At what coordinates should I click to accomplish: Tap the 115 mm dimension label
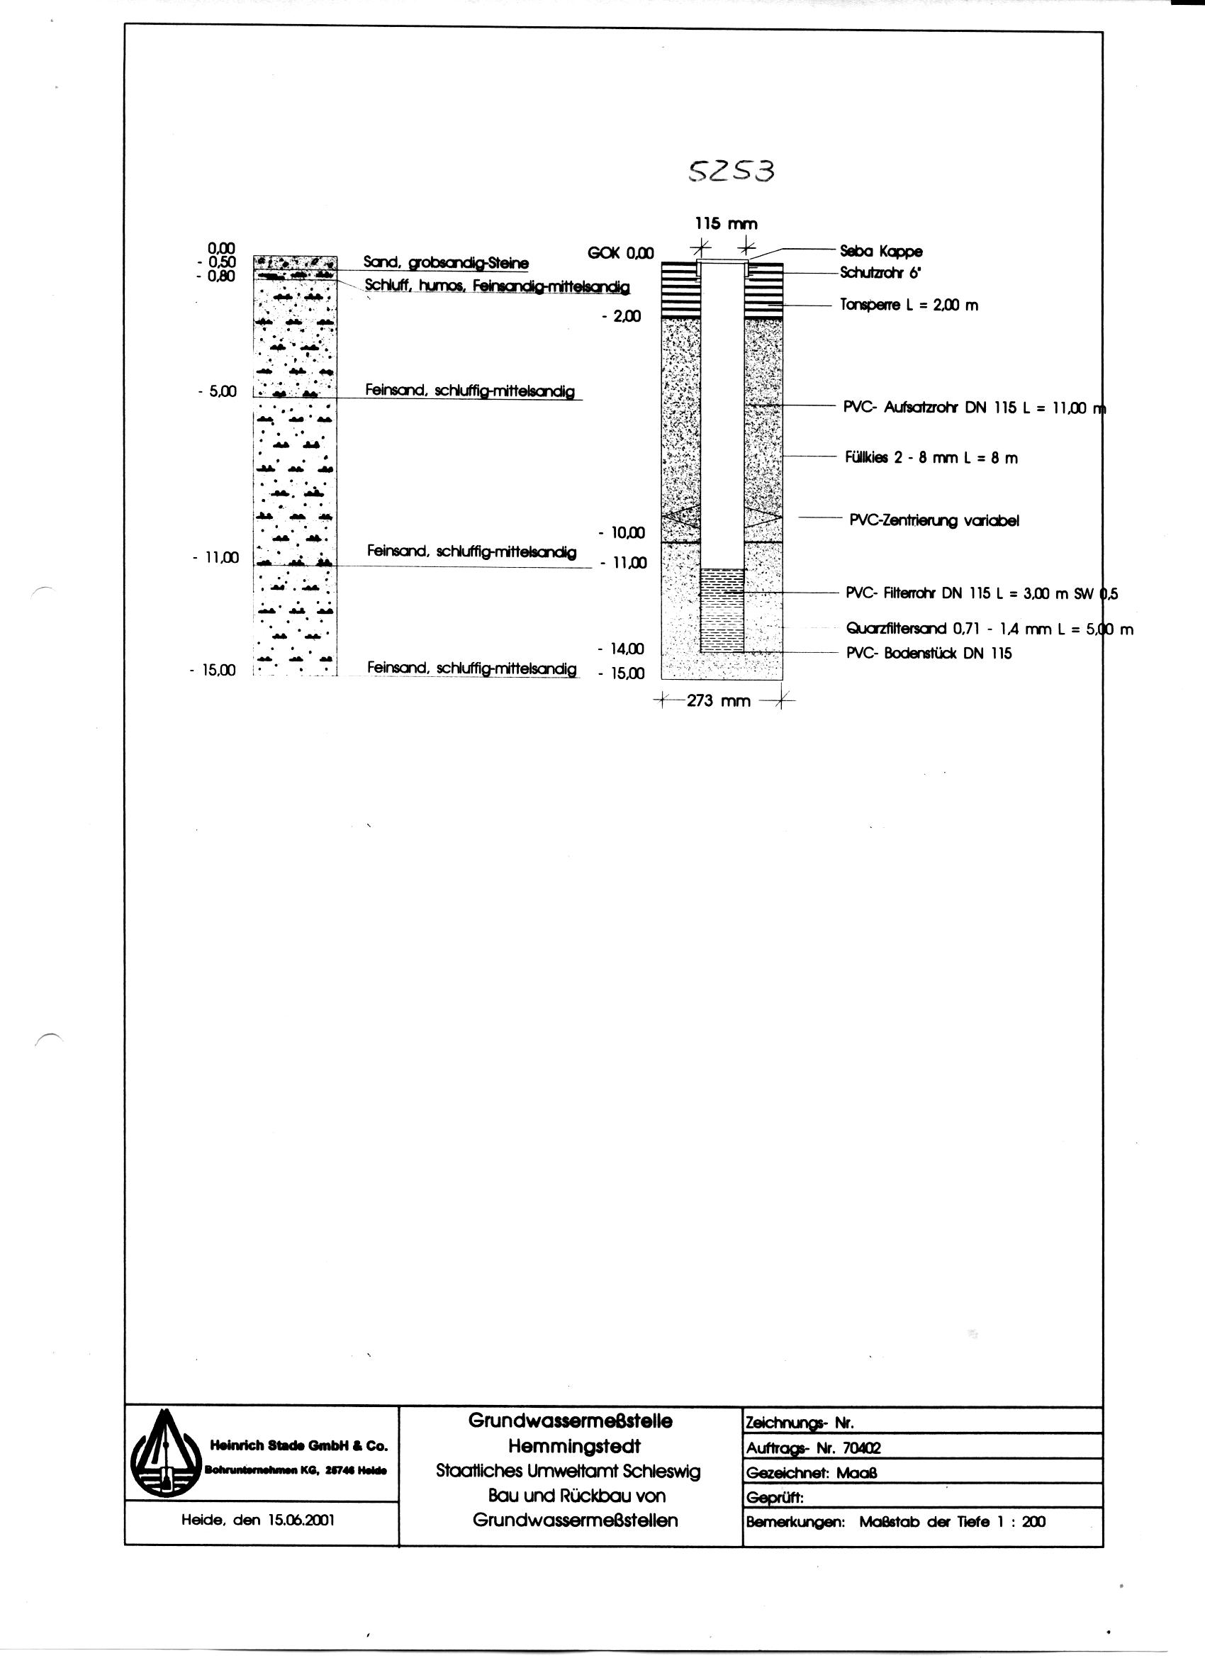coord(725,224)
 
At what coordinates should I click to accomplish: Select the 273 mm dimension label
coord(719,701)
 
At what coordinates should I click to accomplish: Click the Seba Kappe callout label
coord(881,252)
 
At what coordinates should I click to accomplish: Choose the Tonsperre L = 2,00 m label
coord(909,306)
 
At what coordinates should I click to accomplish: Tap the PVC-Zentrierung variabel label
coord(934,520)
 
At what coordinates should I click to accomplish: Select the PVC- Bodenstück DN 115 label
coord(929,654)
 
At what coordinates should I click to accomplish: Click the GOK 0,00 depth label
coord(620,253)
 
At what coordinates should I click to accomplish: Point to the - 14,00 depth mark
coord(621,649)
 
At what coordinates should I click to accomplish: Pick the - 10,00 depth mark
coord(621,533)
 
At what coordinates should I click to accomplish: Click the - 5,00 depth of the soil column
coord(216,392)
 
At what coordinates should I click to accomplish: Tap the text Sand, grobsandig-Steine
coord(446,262)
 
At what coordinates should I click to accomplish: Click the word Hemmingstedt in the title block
coord(574,1447)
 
